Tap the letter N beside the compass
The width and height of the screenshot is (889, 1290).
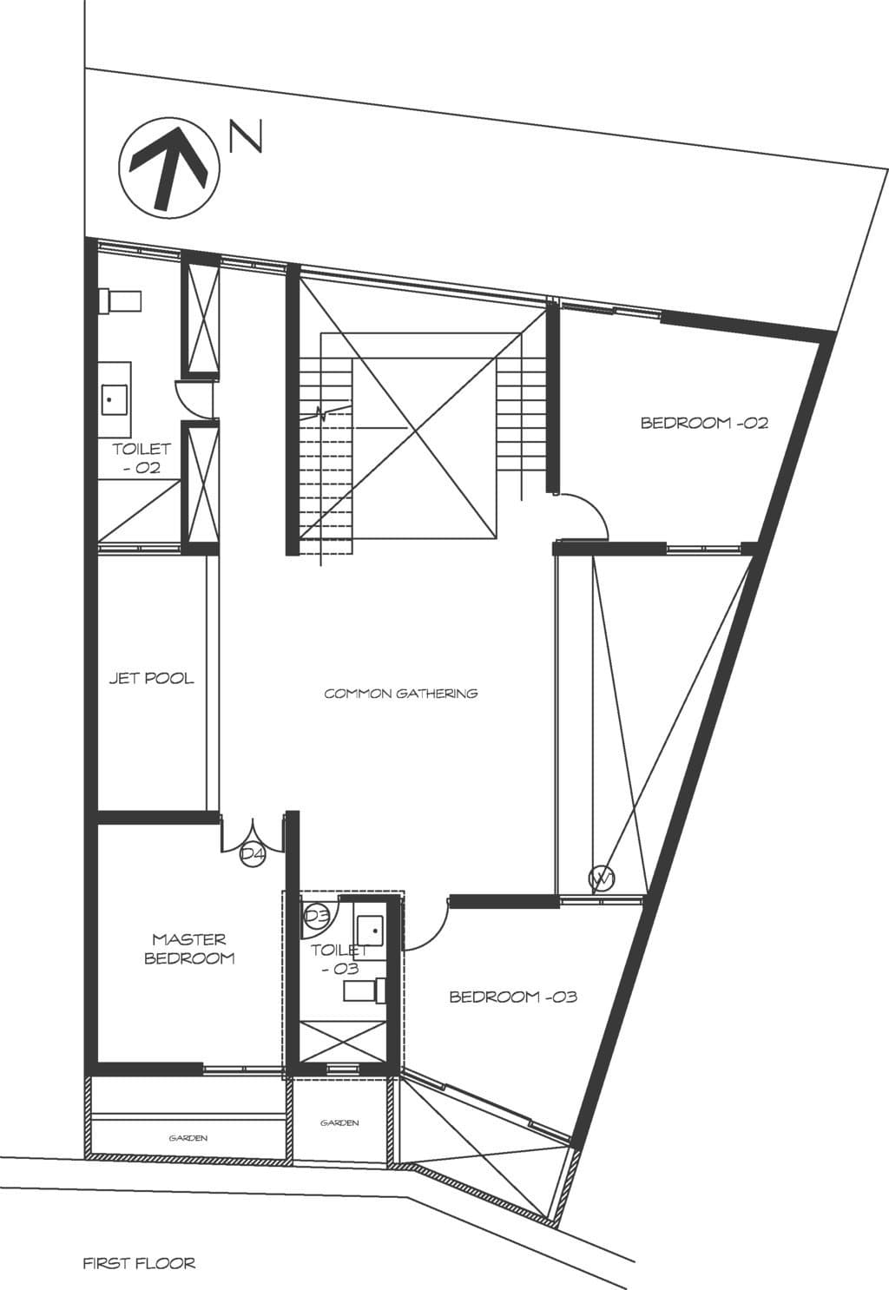coord(246,138)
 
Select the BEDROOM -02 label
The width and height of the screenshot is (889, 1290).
coord(704,424)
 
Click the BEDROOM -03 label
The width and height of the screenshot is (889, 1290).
coord(513,997)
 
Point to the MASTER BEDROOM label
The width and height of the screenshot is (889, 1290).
coord(189,949)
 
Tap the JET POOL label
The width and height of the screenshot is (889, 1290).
coord(151,678)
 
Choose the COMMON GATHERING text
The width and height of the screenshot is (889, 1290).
coord(401,693)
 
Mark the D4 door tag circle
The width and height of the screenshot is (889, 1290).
coord(252,854)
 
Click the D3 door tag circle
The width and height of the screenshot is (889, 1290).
coord(316,915)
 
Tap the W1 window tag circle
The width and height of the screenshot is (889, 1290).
coord(602,879)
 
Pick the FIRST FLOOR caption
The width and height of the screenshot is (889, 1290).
coord(139,1263)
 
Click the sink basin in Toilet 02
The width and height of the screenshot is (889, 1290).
coord(112,400)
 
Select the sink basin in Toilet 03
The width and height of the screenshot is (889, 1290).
coord(370,929)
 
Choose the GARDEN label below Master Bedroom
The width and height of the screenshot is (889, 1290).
coord(188,1137)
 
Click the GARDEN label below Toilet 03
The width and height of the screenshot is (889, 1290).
coord(339,1122)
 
